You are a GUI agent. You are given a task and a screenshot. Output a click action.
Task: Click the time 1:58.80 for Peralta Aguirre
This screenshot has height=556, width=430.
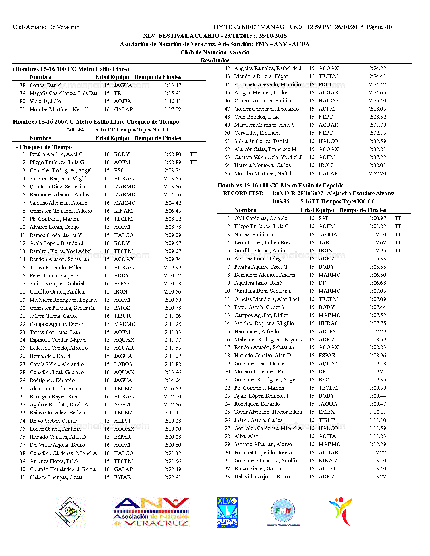point(172,154)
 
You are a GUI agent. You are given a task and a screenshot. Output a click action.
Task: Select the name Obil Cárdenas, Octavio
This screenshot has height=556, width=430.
point(261,218)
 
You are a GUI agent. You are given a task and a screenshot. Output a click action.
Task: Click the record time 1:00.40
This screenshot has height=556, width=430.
point(280,193)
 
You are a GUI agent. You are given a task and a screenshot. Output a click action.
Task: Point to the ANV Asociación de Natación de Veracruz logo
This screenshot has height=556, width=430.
point(151,512)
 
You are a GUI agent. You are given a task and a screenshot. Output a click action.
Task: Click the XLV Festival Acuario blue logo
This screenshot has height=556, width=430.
point(227,512)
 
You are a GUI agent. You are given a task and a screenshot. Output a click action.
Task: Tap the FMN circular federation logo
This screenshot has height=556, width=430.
point(283,511)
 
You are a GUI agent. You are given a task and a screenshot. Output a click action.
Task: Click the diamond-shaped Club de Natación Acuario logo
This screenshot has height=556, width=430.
point(70,512)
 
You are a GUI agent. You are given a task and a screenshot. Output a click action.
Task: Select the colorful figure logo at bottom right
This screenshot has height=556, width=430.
point(341,512)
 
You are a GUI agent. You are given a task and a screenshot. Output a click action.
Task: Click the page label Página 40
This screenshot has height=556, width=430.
point(379,27)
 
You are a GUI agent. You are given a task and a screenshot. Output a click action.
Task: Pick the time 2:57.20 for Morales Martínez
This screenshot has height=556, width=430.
point(377,174)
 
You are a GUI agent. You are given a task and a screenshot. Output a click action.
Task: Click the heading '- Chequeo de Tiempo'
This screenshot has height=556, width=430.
point(44,147)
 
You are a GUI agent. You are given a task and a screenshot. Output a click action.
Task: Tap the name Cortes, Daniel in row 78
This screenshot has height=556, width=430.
point(46,85)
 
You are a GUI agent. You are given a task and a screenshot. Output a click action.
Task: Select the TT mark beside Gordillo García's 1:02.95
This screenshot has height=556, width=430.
point(398,251)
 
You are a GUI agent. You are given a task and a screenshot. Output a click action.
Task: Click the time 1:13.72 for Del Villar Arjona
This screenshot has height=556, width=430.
point(377,477)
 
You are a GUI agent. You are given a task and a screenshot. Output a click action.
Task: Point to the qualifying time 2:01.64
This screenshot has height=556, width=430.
point(75,130)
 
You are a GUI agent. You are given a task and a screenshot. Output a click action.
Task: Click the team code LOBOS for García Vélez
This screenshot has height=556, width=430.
point(123,364)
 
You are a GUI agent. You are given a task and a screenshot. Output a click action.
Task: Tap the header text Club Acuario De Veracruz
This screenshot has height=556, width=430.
point(46,27)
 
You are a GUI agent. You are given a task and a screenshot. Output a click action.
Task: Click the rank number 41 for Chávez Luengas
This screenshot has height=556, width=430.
point(22,477)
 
